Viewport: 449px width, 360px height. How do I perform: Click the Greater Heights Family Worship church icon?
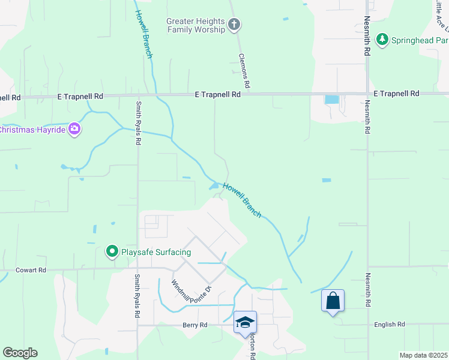coord(234,25)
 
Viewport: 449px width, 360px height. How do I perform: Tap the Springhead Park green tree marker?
coord(382,40)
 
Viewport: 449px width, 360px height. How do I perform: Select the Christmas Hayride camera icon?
coord(74,129)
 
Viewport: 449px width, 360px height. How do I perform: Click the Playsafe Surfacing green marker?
coord(112,252)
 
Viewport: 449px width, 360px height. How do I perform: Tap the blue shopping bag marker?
coord(333,300)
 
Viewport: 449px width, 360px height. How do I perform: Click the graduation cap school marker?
coord(245,322)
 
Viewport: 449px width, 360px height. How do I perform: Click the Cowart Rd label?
coord(31,270)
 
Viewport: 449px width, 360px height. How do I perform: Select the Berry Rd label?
coord(194,325)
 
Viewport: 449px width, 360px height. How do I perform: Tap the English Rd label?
coord(389,325)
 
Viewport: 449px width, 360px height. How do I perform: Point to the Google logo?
coord(20,353)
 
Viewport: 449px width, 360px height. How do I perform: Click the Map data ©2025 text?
coord(424,355)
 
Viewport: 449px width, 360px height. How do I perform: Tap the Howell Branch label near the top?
coord(143,34)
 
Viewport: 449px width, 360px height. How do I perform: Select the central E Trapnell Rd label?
coord(218,95)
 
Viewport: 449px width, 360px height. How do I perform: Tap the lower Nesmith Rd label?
coord(366,292)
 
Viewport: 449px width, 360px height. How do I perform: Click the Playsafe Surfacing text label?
coord(156,252)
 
